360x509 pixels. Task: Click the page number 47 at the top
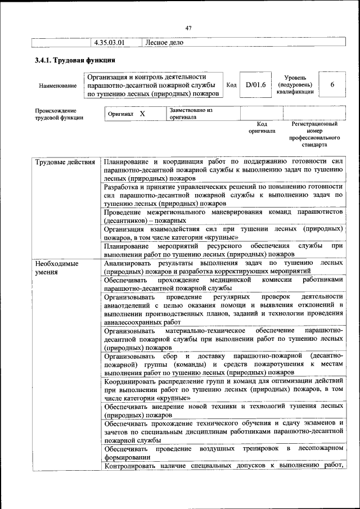point(188,29)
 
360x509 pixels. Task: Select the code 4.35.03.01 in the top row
point(109,42)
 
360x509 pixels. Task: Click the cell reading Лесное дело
point(164,42)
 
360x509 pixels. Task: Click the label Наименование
point(57,85)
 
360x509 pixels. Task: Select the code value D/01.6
point(255,84)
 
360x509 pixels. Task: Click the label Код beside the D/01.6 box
point(231,85)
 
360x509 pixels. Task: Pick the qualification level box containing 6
point(332,84)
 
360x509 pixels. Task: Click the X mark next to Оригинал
point(142,114)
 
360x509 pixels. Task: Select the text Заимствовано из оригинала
point(191,114)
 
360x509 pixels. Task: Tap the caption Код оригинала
point(262,127)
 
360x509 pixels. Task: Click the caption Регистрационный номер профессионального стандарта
point(314,134)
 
